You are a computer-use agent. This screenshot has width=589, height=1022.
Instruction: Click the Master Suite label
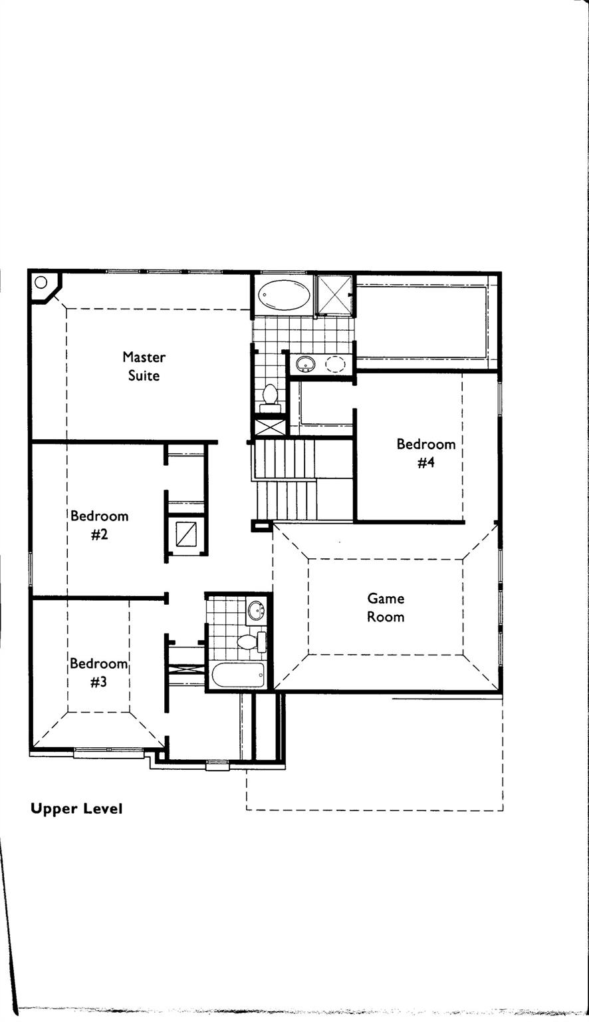(144, 366)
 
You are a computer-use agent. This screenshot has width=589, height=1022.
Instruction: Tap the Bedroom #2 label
(99, 524)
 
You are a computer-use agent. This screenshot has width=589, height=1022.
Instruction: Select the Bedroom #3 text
(98, 672)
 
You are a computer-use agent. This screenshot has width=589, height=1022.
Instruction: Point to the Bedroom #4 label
(425, 452)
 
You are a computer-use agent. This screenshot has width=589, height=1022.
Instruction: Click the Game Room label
(386, 607)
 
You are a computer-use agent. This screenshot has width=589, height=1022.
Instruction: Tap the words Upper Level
(76, 809)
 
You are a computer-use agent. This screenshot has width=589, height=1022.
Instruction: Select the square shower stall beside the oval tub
(334, 295)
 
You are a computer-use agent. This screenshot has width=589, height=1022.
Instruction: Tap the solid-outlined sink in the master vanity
(306, 363)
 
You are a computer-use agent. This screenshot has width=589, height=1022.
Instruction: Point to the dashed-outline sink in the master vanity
(336, 363)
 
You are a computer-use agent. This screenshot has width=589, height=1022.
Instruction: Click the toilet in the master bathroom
(270, 394)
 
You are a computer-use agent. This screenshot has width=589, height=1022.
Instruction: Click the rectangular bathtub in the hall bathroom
(238, 675)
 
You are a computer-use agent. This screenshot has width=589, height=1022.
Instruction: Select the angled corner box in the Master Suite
(43, 286)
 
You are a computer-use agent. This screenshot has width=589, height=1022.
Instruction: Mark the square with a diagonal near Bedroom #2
(185, 534)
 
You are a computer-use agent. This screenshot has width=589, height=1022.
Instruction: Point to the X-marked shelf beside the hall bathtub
(186, 667)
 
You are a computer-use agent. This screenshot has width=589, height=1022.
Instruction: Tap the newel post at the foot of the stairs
(257, 526)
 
